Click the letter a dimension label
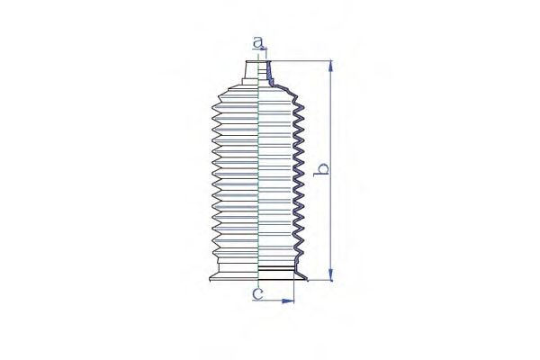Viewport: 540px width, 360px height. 258,42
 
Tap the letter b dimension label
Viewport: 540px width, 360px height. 321,170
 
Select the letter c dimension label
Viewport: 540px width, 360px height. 258,293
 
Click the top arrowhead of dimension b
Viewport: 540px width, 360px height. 331,66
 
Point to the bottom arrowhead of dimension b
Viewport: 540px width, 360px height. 331,274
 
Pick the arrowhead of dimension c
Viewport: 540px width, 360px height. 288,301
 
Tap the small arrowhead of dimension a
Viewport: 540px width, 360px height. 264,49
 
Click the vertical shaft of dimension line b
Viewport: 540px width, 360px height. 331,170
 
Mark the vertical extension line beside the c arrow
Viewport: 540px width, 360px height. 294,286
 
